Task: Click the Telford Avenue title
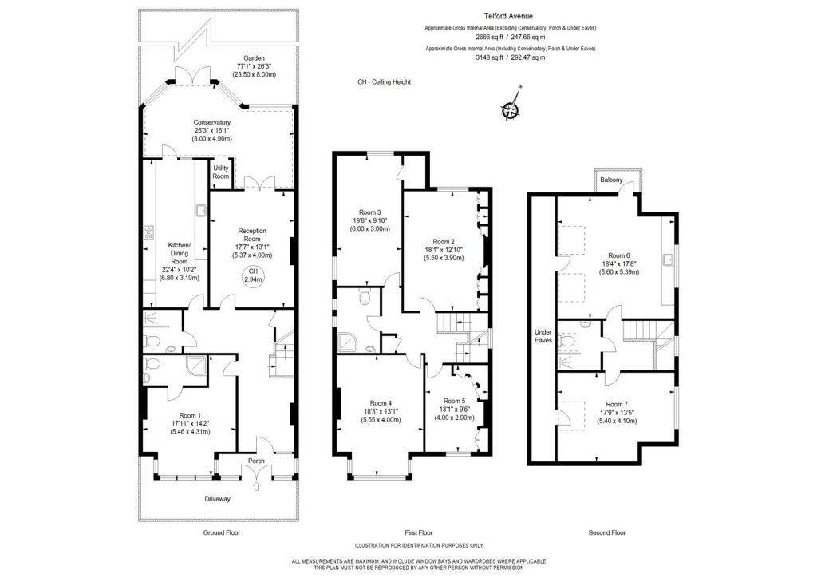[511, 15]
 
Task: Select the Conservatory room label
[211, 122]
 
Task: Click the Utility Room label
[220, 172]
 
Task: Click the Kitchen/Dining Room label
[179, 250]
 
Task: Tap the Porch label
[256, 461]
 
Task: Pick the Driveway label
[216, 499]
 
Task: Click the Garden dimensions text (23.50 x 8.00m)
[254, 74]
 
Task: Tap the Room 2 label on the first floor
[444, 241]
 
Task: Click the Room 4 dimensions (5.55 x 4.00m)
[381, 419]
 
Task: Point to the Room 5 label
[454, 401]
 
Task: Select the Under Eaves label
[543, 335]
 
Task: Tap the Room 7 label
[617, 404]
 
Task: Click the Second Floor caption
[608, 532]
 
